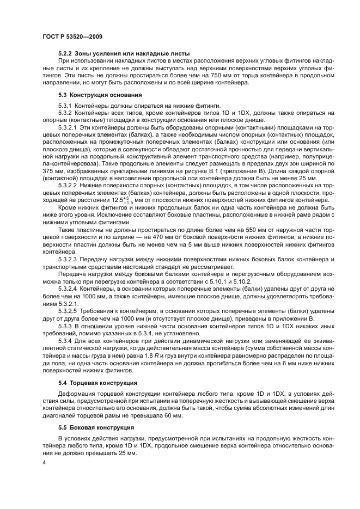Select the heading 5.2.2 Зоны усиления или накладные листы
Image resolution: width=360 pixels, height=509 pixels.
(x=124, y=53)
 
